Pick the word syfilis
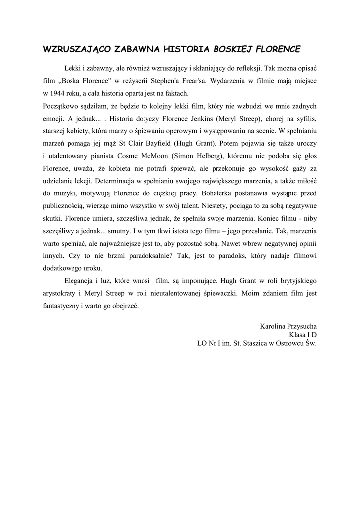coord(305,119)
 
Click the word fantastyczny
coord(60,306)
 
